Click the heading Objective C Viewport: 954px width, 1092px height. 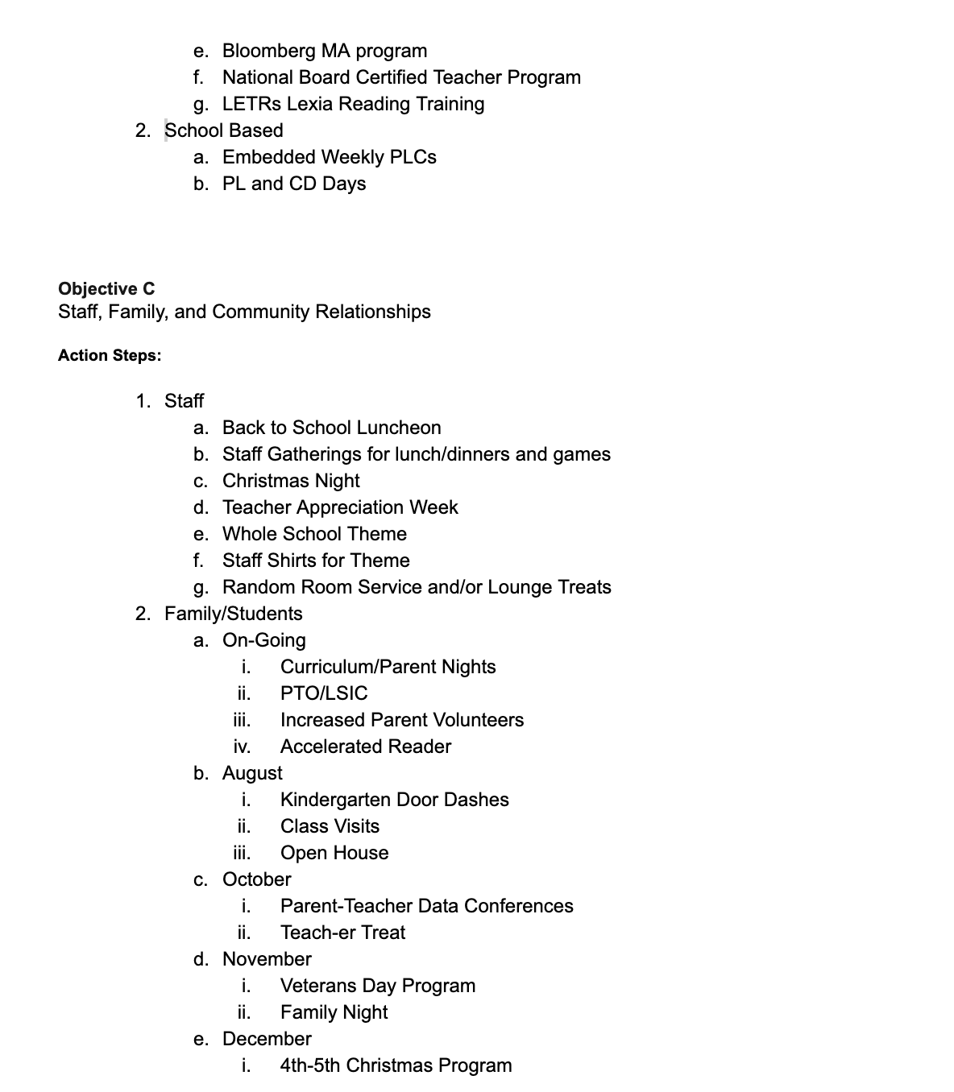click(106, 288)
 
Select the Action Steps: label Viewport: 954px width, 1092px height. click(110, 355)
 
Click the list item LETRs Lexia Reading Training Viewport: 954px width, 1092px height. click(353, 104)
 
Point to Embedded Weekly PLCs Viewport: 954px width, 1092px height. click(329, 157)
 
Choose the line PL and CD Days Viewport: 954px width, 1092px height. click(293, 184)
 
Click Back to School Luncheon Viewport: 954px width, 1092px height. click(331, 428)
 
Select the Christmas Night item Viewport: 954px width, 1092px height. click(290, 481)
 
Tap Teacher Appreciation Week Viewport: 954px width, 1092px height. click(339, 507)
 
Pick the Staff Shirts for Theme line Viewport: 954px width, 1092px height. click(316, 560)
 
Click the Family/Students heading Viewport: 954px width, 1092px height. click(233, 614)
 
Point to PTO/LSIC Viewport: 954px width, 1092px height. click(323, 693)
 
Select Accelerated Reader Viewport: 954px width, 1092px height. click(365, 747)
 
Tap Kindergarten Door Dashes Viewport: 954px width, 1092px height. click(394, 800)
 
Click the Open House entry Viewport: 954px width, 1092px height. click(334, 853)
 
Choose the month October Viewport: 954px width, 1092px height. click(256, 879)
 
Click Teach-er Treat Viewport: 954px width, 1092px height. click(342, 933)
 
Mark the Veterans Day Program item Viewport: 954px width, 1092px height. click(377, 986)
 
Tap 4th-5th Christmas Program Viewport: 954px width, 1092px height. click(396, 1065)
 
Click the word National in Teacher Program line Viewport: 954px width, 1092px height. click(255, 77)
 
